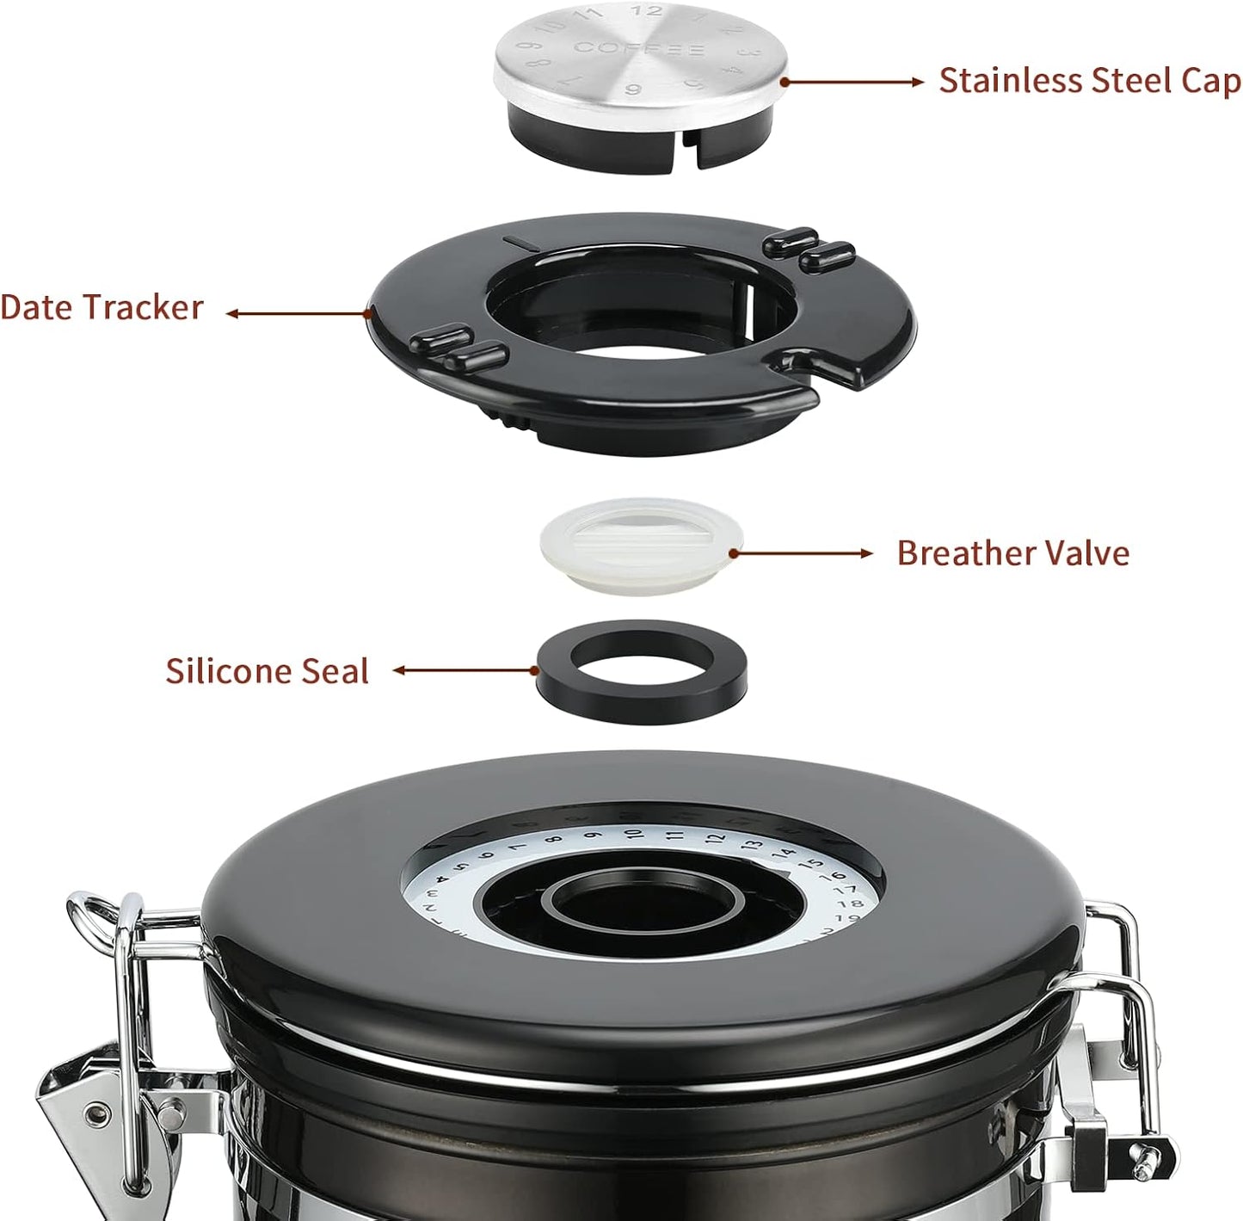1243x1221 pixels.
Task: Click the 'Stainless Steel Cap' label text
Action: click(1089, 81)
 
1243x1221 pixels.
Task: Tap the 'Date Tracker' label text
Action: click(102, 308)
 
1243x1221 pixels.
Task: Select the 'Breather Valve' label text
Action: click(1012, 552)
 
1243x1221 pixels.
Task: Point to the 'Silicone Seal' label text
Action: click(267, 671)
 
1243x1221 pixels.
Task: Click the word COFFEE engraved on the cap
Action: click(638, 48)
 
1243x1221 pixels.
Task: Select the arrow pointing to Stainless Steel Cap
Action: click(852, 82)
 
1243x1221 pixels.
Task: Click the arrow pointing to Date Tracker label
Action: click(297, 314)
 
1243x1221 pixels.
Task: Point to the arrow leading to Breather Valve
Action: click(800, 553)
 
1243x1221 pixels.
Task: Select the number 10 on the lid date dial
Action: click(634, 834)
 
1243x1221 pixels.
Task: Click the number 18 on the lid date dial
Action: click(849, 903)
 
